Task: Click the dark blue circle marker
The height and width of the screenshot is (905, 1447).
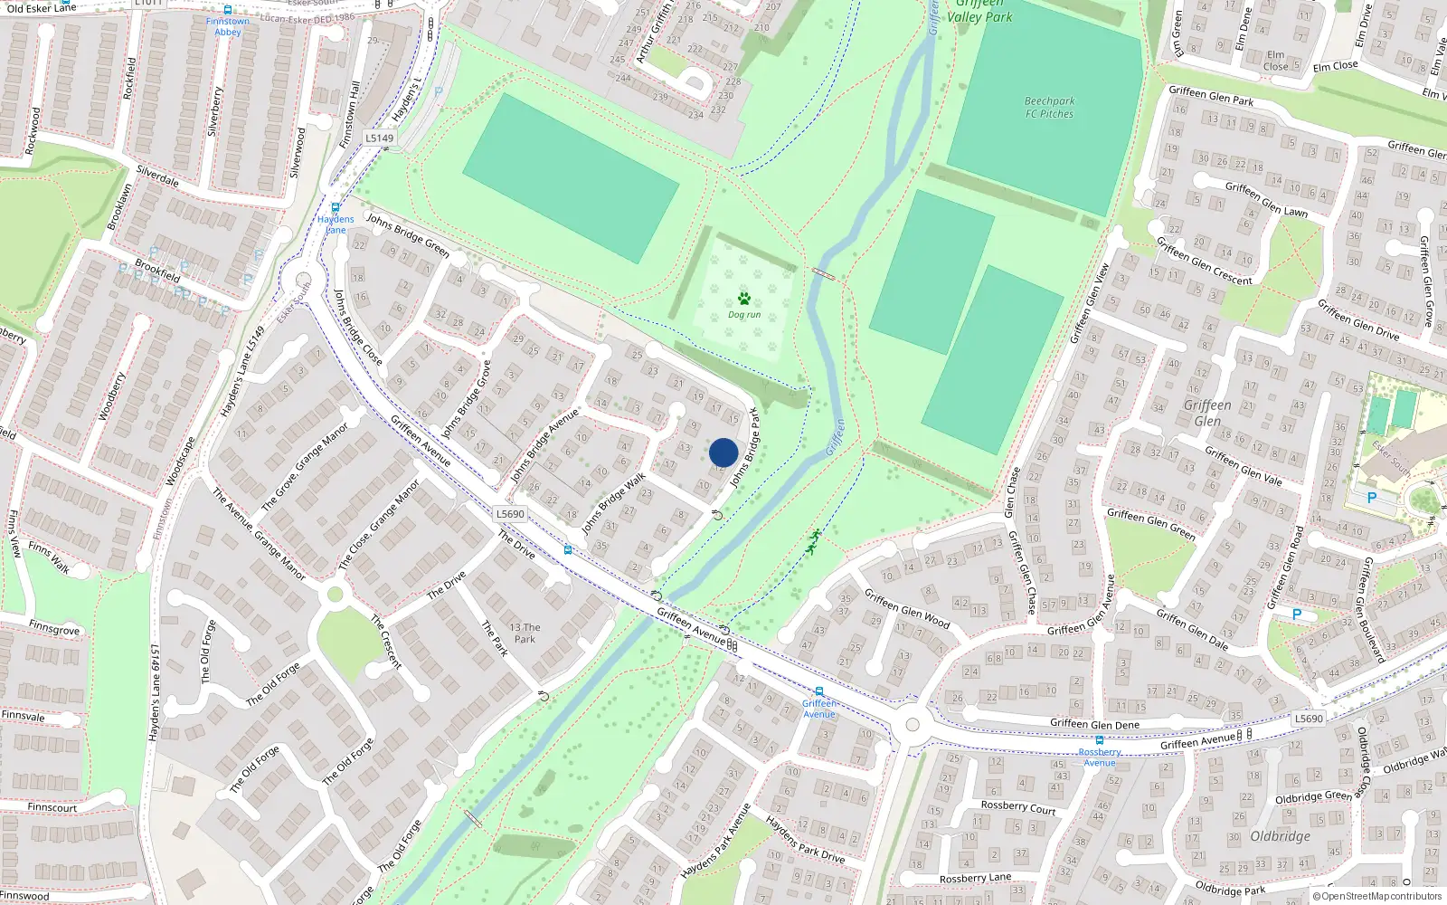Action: pyautogui.click(x=723, y=452)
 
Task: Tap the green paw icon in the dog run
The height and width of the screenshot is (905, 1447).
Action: pyautogui.click(x=744, y=299)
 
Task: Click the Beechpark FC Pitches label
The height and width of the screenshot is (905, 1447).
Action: pyautogui.click(x=1049, y=108)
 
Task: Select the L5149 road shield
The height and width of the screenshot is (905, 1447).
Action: pyautogui.click(x=380, y=138)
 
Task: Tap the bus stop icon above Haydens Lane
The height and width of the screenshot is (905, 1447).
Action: pyautogui.click(x=336, y=207)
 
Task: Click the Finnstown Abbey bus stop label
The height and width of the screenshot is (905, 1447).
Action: pyautogui.click(x=228, y=26)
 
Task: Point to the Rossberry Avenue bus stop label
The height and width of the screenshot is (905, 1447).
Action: pyautogui.click(x=1100, y=757)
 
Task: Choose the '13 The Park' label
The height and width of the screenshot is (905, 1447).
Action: pyautogui.click(x=525, y=633)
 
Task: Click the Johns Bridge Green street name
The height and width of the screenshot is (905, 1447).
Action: pyautogui.click(x=408, y=234)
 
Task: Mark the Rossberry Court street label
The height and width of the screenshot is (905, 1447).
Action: pyautogui.click(x=1018, y=807)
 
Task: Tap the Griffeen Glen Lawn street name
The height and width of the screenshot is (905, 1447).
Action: pyautogui.click(x=1266, y=199)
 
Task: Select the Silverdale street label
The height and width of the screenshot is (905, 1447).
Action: pyautogui.click(x=157, y=175)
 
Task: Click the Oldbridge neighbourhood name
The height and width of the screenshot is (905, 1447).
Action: pyautogui.click(x=1280, y=836)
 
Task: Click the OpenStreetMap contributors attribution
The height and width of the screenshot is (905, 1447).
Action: pyautogui.click(x=1377, y=897)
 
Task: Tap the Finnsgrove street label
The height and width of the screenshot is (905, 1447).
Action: pyautogui.click(x=53, y=628)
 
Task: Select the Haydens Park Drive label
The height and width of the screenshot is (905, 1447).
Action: pyautogui.click(x=805, y=839)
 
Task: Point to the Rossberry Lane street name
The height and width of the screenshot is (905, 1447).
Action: pyautogui.click(x=975, y=878)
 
